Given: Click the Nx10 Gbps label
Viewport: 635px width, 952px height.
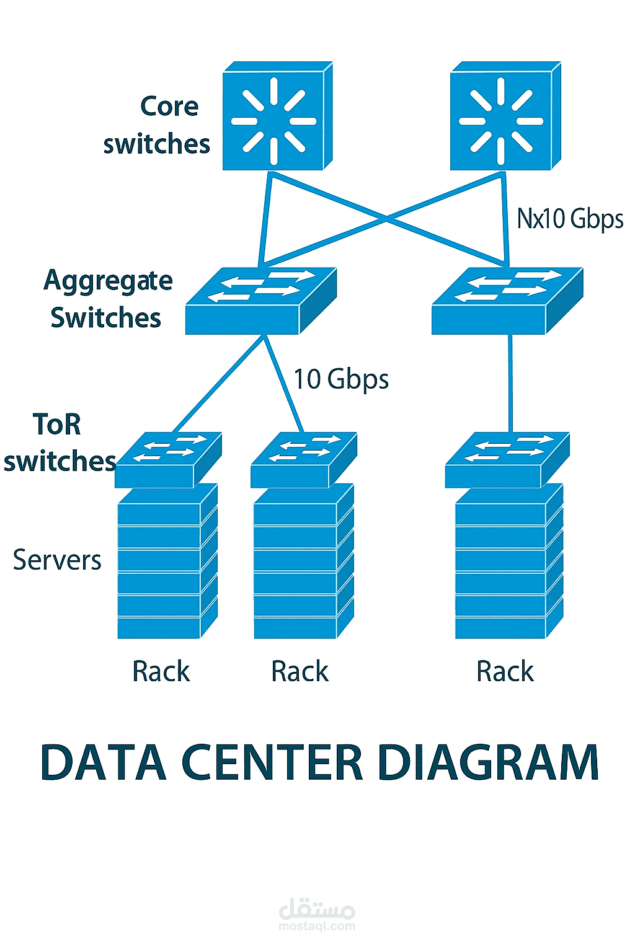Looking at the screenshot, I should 570,219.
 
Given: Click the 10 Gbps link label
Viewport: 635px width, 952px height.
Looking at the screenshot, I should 341,379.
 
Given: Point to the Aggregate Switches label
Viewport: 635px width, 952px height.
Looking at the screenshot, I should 107,299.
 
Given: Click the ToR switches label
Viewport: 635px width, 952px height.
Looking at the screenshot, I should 59,443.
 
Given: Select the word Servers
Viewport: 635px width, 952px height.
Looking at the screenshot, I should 57,560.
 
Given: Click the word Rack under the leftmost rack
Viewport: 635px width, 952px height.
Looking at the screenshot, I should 161,671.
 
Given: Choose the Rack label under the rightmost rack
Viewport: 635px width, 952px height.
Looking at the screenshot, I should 505,671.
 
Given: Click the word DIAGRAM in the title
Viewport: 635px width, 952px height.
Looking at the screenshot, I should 488,762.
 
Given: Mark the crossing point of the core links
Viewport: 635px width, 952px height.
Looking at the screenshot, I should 386,218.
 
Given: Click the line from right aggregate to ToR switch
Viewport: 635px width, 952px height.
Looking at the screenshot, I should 510,383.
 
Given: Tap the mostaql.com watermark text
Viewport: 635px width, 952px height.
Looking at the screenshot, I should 317,926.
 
